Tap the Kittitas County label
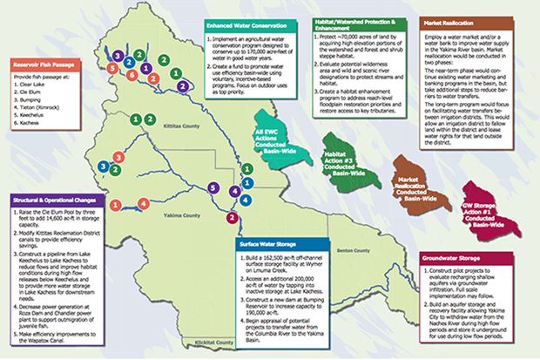185,126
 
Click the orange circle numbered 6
131,75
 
